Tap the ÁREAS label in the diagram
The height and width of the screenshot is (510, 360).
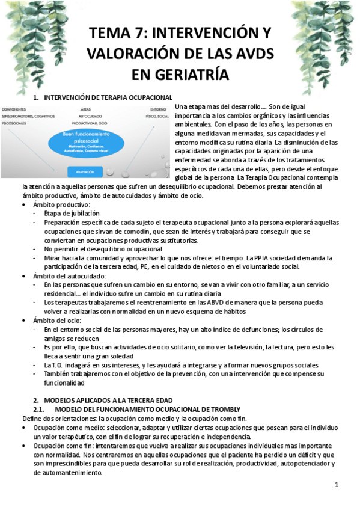click(x=85, y=109)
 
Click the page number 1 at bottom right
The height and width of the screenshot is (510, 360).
click(x=337, y=485)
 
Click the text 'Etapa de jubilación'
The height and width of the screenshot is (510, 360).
click(x=72, y=214)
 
